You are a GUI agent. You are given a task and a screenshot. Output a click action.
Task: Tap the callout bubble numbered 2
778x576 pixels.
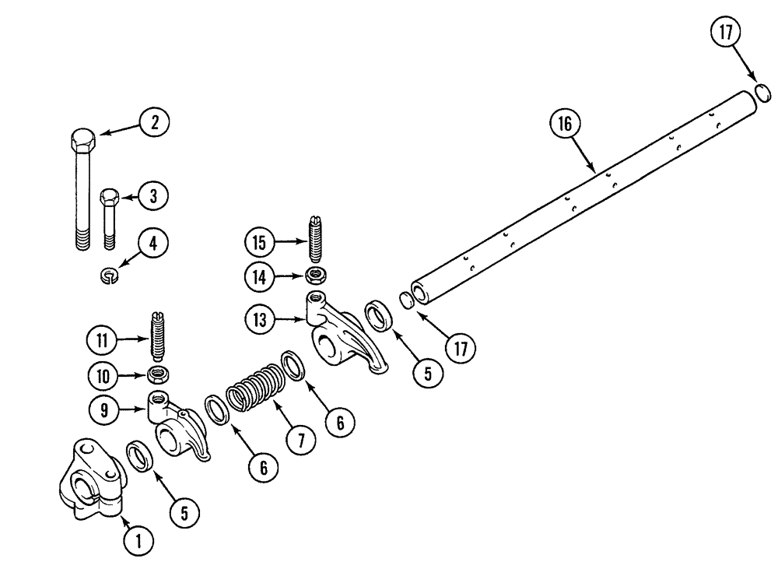155,121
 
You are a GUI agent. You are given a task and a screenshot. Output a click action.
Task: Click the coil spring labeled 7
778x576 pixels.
254,385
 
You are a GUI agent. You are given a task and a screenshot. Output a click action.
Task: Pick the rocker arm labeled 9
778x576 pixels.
179,428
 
